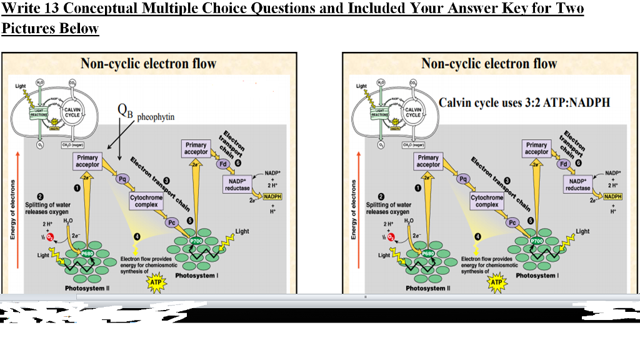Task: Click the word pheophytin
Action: pos(156,117)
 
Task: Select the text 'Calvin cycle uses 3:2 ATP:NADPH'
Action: pos(524,102)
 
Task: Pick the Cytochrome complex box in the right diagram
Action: pos(487,201)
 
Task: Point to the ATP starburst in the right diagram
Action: pos(496,282)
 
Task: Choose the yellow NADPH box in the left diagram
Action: pos(272,196)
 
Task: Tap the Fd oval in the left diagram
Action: pos(223,165)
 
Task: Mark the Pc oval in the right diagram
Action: pos(512,222)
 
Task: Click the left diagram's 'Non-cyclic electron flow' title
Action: pos(148,64)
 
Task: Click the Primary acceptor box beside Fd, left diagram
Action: pos(196,149)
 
